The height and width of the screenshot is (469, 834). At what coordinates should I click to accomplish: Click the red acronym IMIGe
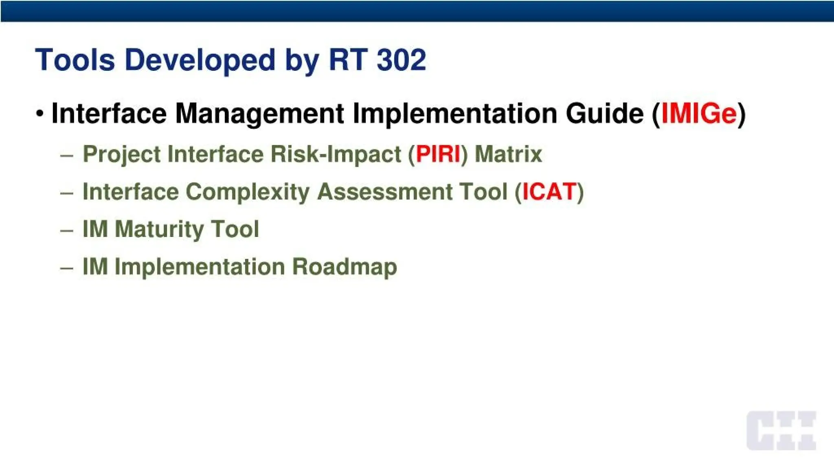point(699,114)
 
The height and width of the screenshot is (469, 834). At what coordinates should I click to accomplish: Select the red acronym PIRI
point(438,154)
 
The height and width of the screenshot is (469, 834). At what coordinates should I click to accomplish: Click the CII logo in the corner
point(781,431)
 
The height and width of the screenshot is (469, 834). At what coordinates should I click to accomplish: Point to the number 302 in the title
point(401,60)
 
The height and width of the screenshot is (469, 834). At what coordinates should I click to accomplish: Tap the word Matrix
point(508,154)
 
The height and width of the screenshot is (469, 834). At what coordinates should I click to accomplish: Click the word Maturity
point(159,229)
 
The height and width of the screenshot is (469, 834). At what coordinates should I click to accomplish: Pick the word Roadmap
point(345,267)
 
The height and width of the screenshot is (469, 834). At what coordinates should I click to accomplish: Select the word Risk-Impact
point(336,154)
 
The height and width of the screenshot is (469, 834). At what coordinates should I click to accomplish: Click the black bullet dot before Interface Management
point(40,113)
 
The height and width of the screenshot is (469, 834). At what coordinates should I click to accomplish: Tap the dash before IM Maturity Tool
point(66,230)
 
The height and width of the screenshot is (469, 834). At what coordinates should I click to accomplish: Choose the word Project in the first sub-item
point(122,154)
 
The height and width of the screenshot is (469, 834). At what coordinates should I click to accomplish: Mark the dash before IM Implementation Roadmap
point(66,268)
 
